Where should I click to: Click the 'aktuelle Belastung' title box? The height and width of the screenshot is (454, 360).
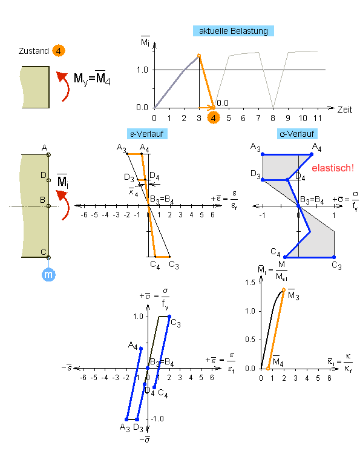(x=234, y=31)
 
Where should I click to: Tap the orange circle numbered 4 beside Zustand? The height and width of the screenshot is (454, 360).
(x=59, y=51)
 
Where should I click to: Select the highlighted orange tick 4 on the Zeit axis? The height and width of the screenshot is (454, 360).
(x=214, y=118)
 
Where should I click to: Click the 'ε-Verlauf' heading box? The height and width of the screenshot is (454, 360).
(x=147, y=134)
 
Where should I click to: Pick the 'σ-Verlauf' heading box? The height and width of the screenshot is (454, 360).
(x=297, y=134)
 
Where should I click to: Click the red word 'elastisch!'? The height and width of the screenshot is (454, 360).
(x=333, y=168)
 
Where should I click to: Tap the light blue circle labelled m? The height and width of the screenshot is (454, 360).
(x=48, y=274)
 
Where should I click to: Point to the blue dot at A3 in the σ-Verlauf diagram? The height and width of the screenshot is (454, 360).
(x=263, y=154)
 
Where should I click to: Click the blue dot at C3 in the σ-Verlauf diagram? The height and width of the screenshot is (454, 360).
(x=334, y=257)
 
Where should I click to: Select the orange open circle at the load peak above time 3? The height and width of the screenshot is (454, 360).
(x=199, y=56)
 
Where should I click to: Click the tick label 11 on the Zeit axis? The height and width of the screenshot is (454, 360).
(x=318, y=118)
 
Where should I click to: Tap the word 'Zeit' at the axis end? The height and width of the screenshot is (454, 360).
(x=345, y=110)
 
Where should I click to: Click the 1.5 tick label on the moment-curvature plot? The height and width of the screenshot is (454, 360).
(x=250, y=282)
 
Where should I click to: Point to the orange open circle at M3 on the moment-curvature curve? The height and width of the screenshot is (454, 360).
(x=284, y=290)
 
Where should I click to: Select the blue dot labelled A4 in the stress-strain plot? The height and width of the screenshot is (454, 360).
(x=141, y=348)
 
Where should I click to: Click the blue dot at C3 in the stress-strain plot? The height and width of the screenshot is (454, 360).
(x=169, y=317)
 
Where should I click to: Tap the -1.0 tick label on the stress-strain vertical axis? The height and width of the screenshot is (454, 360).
(x=157, y=419)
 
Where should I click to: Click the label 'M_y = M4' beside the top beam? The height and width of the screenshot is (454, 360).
(x=92, y=78)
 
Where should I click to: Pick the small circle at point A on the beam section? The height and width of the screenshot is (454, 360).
(x=48, y=154)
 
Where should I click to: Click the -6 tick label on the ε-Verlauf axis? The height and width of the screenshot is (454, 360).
(x=84, y=215)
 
